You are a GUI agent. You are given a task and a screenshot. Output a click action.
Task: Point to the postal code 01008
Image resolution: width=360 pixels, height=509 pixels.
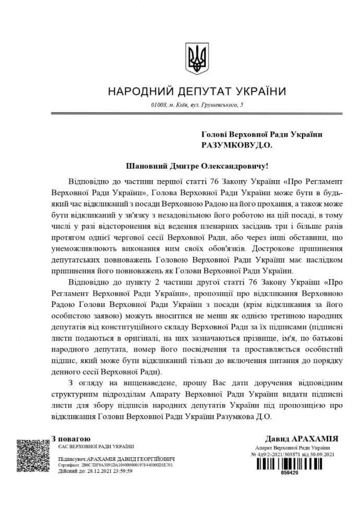(x=158, y=106)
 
